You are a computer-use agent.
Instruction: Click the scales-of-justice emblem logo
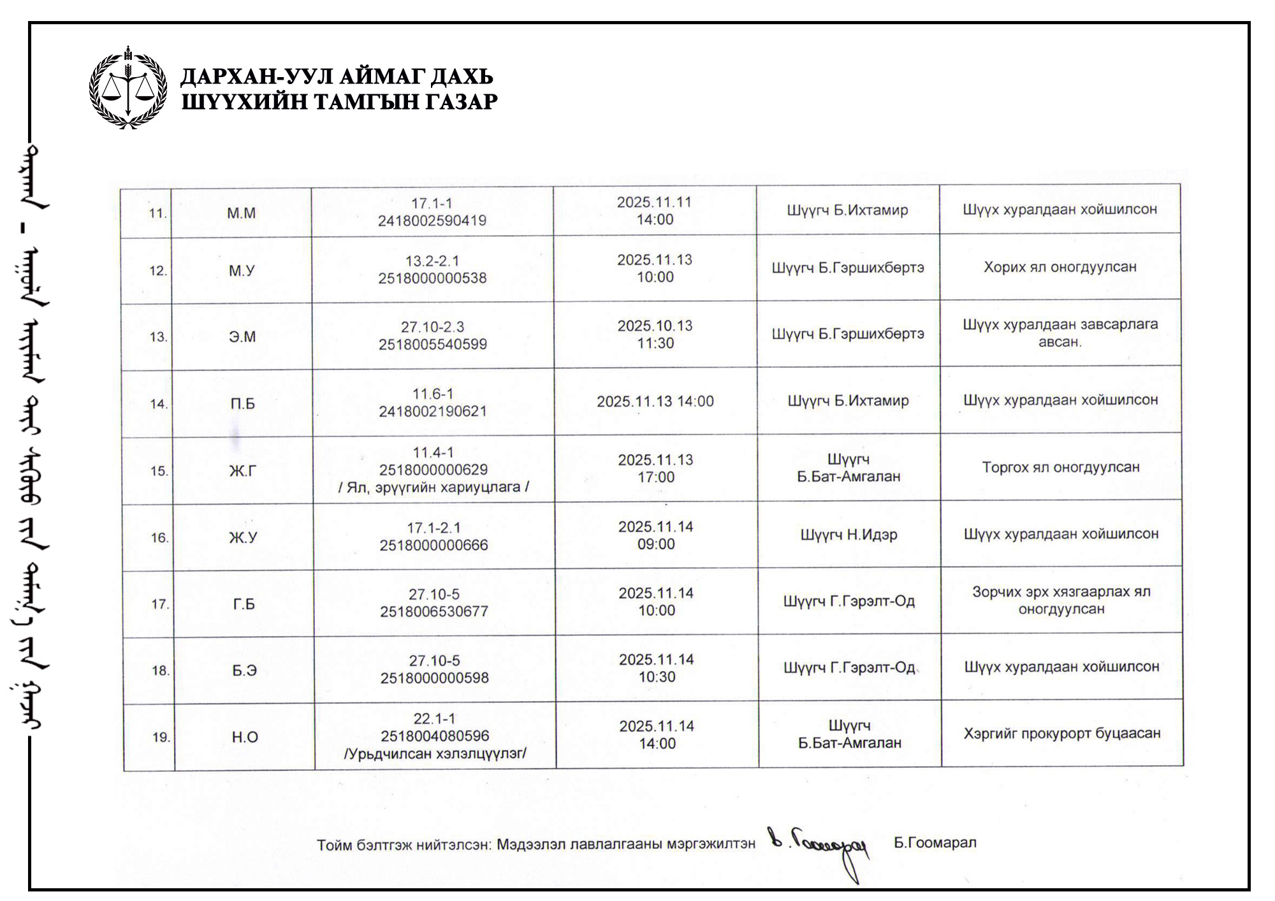click(x=128, y=88)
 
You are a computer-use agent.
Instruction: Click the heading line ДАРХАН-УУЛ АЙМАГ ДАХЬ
click(x=337, y=76)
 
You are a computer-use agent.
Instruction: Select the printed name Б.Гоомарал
click(x=935, y=843)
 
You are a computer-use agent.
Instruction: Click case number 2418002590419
click(x=432, y=221)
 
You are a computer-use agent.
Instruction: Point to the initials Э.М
click(x=242, y=336)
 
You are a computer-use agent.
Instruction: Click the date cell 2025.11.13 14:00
click(x=655, y=401)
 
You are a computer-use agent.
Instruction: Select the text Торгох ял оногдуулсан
click(x=1060, y=467)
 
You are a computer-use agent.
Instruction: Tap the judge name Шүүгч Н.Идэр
click(x=849, y=535)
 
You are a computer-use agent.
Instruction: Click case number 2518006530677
click(x=434, y=612)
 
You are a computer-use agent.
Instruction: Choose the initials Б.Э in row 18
click(x=244, y=670)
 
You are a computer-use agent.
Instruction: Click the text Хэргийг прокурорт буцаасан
click(x=1061, y=733)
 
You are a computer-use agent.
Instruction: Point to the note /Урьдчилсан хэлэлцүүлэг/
click(x=435, y=754)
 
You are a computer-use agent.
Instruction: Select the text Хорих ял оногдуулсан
click(x=1060, y=267)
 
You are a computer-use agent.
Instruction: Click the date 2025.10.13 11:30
click(x=655, y=335)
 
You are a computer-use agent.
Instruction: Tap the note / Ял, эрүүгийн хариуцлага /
click(x=433, y=487)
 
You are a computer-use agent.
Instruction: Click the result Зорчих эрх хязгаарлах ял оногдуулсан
click(x=1061, y=600)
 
